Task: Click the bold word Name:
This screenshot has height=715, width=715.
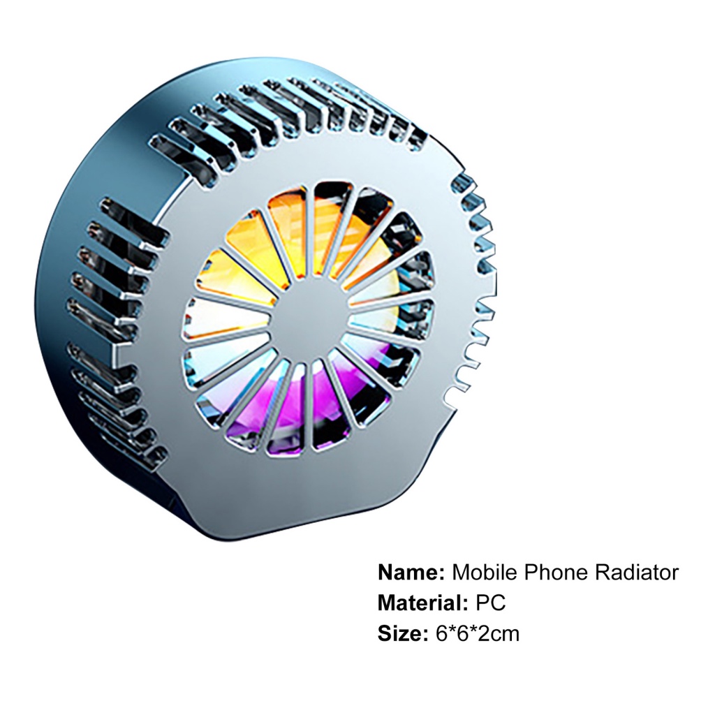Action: (x=411, y=572)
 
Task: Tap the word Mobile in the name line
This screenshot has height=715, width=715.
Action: (x=485, y=572)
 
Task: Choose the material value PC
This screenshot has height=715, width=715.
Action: (x=491, y=603)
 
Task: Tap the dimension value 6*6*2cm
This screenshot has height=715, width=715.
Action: (x=478, y=633)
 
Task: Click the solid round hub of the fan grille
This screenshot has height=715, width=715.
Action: (x=309, y=318)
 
